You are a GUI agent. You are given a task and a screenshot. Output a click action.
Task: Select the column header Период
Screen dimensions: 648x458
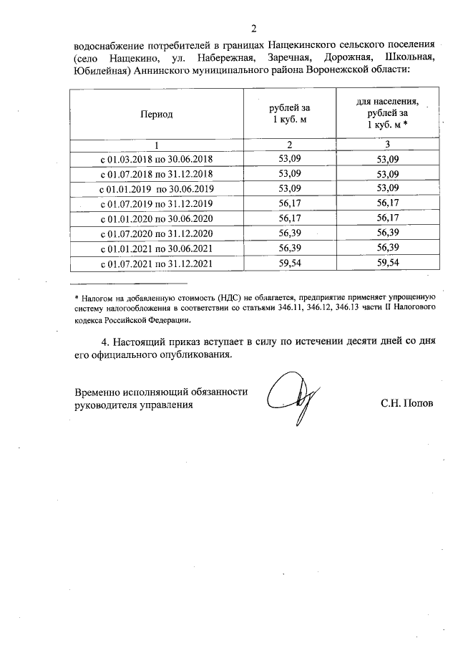[x=156, y=114]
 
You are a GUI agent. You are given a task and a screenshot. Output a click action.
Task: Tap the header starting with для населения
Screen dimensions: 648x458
[x=387, y=113]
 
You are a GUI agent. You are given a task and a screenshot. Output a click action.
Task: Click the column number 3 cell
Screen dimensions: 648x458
[x=387, y=145]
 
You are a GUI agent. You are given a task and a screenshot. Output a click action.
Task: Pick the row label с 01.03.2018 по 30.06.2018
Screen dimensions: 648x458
[x=156, y=159]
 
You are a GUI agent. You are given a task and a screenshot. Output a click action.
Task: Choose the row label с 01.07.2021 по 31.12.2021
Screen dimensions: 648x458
[x=156, y=263]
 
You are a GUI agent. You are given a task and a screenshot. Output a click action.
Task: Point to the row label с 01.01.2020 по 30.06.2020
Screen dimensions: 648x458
[x=156, y=218]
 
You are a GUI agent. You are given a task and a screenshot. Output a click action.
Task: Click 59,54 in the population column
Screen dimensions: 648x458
[x=387, y=263]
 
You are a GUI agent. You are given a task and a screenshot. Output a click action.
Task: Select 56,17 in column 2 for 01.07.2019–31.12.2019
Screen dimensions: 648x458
[x=289, y=204]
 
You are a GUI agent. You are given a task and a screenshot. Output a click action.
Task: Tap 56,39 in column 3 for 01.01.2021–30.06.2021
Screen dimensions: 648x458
[x=387, y=248]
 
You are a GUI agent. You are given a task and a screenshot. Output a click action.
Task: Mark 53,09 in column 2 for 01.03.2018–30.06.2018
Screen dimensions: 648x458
[x=289, y=159]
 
